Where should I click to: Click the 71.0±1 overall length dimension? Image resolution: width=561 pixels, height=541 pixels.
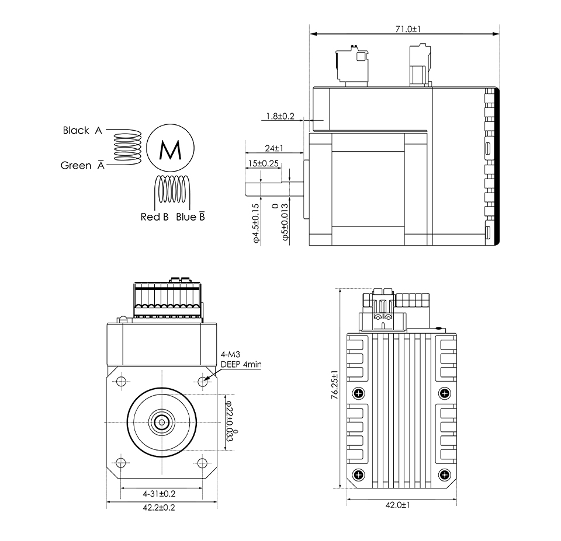click(409, 28)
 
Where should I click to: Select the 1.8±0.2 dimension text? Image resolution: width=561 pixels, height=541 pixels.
click(280, 116)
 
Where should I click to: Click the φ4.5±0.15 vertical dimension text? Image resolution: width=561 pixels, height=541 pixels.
click(255, 223)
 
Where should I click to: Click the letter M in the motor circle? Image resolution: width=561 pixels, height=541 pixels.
click(171, 151)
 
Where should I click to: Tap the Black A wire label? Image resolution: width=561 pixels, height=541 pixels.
click(82, 130)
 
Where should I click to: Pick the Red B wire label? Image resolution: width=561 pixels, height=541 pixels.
click(154, 217)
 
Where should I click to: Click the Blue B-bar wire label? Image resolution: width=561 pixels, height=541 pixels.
click(190, 217)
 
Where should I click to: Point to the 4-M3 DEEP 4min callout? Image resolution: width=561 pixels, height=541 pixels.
click(240, 359)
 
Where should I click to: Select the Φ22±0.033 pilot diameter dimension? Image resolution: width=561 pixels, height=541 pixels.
click(231, 421)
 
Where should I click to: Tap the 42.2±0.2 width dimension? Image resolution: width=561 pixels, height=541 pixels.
click(159, 507)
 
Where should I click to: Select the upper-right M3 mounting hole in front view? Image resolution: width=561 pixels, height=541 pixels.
click(202, 381)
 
